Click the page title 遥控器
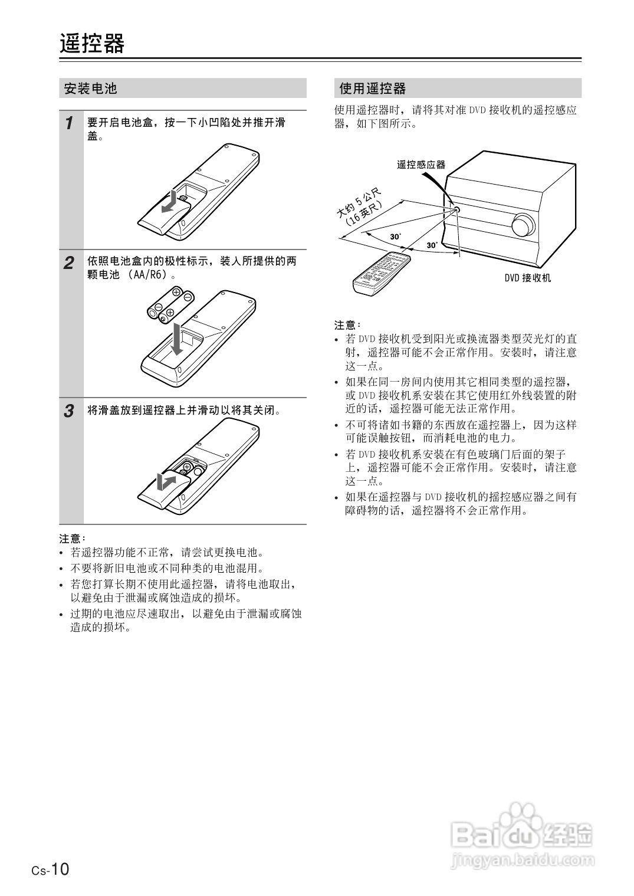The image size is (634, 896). click(92, 44)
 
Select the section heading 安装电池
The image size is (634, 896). click(91, 88)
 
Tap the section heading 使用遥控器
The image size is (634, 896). click(373, 88)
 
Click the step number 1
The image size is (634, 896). click(70, 123)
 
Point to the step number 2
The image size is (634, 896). click(70, 263)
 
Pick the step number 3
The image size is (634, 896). click(70, 411)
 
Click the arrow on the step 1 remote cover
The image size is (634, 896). click(170, 201)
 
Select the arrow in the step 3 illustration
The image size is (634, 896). click(166, 481)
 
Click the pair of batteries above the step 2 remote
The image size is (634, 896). click(171, 305)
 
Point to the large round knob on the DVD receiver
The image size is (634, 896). click(523, 225)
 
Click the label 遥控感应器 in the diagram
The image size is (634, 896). click(421, 165)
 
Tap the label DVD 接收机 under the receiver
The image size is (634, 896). click(527, 277)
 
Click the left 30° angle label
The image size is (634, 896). click(395, 237)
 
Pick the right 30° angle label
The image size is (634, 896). click(432, 245)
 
